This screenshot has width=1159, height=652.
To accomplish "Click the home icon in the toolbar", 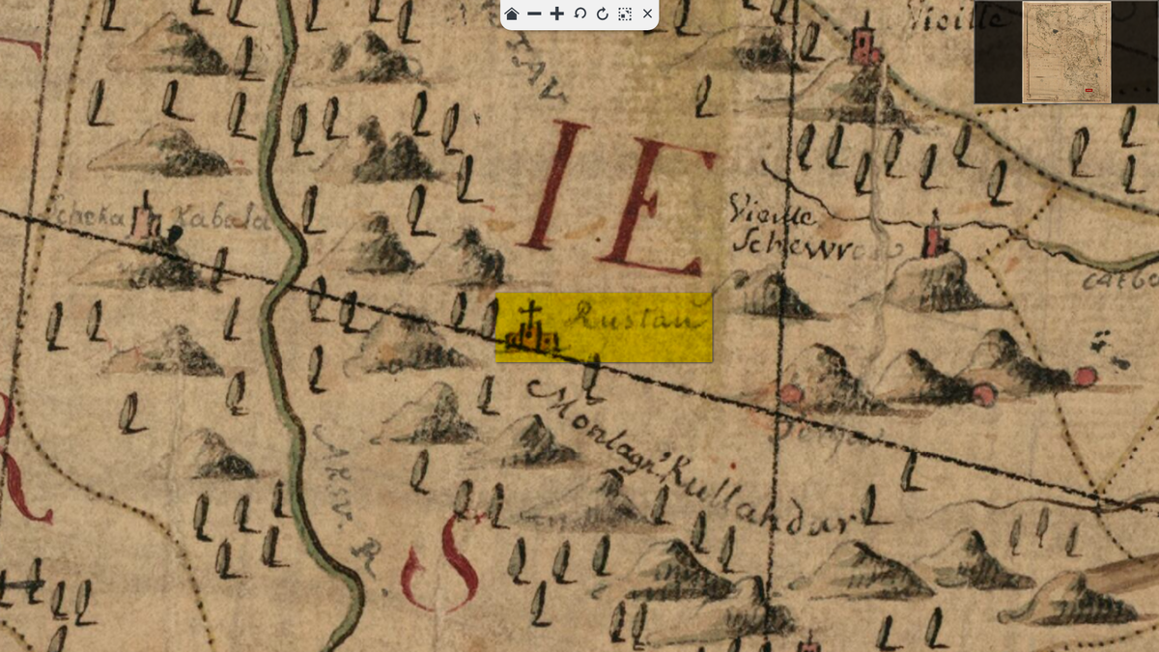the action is [512, 14].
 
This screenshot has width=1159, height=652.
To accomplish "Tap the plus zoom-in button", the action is [557, 14].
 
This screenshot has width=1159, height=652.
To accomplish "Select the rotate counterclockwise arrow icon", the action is [580, 14].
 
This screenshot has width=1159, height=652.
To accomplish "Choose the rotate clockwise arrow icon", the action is [603, 14].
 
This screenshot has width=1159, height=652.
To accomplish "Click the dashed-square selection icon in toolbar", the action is [625, 14].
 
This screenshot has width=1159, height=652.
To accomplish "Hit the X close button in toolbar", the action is [648, 14].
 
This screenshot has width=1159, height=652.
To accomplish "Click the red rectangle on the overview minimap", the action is [1088, 91].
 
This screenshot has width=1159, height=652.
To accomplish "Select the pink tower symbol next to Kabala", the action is [148, 219].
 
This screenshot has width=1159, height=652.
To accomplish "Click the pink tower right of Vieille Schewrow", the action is [933, 238].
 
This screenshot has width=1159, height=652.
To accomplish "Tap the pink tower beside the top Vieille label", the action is [863, 44].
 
